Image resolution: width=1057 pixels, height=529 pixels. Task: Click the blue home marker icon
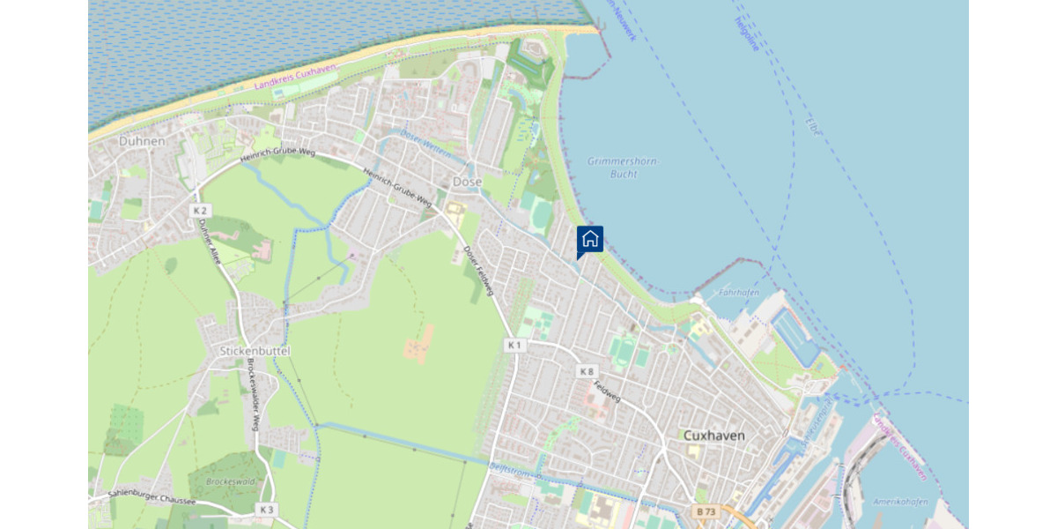pyautogui.click(x=590, y=239)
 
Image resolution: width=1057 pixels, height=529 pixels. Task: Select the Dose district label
pyautogui.click(x=467, y=182)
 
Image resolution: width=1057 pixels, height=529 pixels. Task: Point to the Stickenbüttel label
pyautogui.click(x=255, y=351)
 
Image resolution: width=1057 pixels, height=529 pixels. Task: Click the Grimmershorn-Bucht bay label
pyautogui.click(x=624, y=168)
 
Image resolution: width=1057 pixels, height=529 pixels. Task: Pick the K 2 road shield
pyautogui.click(x=200, y=211)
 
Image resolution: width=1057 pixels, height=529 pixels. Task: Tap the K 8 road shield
pyautogui.click(x=587, y=372)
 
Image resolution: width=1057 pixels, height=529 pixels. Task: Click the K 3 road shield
pyautogui.click(x=267, y=510)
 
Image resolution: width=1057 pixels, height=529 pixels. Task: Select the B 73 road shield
pyautogui.click(x=705, y=511)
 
